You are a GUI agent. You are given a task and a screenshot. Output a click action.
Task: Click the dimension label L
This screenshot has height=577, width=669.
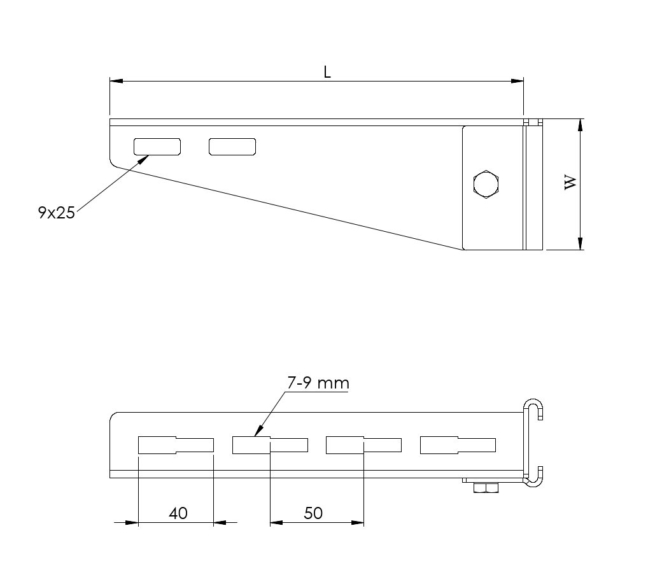[x=327, y=72]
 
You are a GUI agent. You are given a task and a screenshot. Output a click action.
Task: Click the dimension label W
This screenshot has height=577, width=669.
[x=570, y=182]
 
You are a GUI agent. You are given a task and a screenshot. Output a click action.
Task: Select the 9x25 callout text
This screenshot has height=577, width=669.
[x=56, y=213]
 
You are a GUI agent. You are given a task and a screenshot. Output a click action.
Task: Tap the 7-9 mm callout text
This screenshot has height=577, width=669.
[x=318, y=383]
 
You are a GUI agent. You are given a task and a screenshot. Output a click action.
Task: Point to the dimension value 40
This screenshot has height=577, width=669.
[x=178, y=513]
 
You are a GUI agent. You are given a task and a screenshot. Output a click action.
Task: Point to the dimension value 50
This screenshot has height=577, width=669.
[x=313, y=513]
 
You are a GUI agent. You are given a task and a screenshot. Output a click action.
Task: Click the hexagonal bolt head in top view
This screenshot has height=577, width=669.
[x=486, y=184]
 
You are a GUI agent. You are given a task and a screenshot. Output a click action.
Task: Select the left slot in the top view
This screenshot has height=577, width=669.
[x=157, y=147]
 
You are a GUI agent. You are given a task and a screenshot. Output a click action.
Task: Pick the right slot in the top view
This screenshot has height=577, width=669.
[x=232, y=147]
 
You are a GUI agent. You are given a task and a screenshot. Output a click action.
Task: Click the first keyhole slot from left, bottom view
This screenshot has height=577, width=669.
[x=176, y=445]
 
